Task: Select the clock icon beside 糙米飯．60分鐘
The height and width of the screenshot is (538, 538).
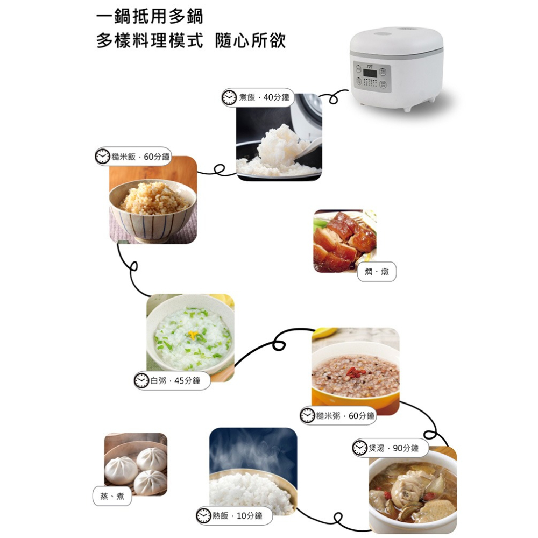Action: point(102,157)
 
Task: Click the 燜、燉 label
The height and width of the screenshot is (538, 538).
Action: point(377,272)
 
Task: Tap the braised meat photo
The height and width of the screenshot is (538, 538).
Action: point(344,240)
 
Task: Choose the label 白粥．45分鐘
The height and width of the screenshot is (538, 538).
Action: point(172,380)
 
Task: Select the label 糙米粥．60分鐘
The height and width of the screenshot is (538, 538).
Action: point(338,416)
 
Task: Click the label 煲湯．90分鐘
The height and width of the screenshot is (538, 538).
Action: point(390,448)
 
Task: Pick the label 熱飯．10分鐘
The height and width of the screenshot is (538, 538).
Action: point(234,516)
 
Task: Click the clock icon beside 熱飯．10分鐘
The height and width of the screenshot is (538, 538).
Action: point(203,516)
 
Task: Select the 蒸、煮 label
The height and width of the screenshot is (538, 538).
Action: point(112,496)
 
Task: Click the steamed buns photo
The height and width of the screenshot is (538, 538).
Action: point(136,464)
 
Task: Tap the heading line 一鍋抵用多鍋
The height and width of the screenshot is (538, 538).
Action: point(150,17)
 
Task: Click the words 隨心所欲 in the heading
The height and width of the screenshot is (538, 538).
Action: point(251,40)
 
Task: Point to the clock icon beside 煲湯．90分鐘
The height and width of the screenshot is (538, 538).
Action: point(360,448)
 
